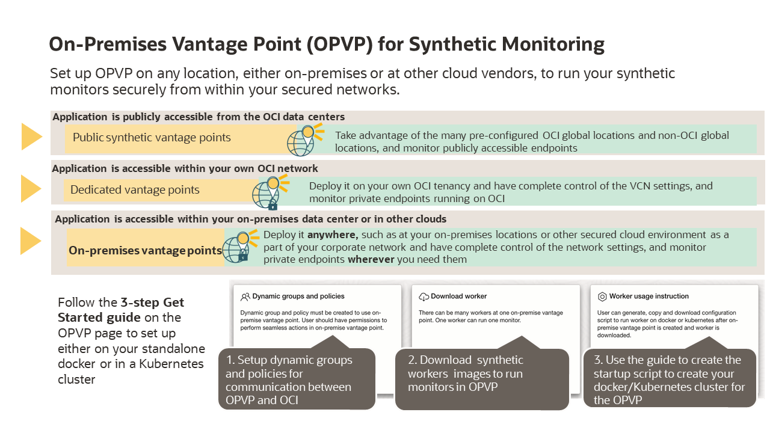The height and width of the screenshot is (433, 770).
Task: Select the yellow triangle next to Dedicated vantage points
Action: (x=31, y=189)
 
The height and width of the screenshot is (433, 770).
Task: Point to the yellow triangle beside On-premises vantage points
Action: (x=31, y=241)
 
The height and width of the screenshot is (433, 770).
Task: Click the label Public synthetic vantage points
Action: (x=152, y=138)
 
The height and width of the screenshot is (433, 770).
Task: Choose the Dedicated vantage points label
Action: (x=135, y=190)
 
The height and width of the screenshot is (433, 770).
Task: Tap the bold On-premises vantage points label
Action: (x=145, y=250)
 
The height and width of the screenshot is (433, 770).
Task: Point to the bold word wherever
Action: (x=371, y=259)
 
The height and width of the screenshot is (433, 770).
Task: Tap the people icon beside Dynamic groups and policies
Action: (x=245, y=296)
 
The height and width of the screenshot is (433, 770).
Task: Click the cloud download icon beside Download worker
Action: (x=423, y=296)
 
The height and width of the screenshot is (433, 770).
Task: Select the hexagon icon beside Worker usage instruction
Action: (x=602, y=296)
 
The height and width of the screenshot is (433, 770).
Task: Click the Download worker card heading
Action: (x=458, y=296)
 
